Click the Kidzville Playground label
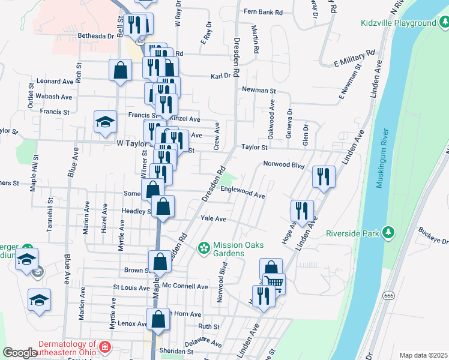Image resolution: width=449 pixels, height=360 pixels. pos(398,23)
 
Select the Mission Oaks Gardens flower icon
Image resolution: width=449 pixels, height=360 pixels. pos(203,247)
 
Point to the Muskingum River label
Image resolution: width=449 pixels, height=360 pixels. pos(382,158)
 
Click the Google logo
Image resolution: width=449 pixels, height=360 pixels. pos(19,353)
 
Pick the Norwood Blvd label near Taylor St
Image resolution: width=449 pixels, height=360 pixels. pos(284,164)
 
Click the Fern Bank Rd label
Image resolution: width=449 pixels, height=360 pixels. pos(263,11)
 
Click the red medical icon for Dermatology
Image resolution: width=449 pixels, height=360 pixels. pos(105,347)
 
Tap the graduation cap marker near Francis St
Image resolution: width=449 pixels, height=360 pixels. pos(105,122)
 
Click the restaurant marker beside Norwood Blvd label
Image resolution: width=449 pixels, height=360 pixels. pos(323,176)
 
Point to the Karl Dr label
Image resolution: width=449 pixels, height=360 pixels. pos(220,76)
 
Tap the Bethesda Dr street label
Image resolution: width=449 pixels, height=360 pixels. pos(96,36)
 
